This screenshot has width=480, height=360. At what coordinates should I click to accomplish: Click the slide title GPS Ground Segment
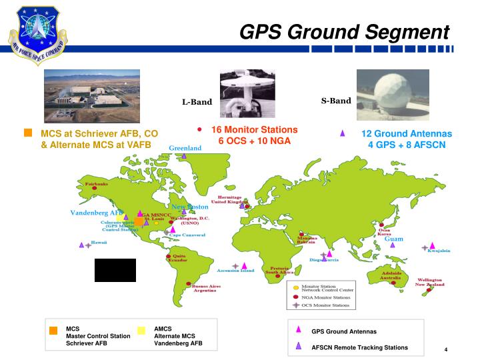[344, 31]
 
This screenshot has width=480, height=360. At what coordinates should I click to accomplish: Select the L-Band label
[197, 102]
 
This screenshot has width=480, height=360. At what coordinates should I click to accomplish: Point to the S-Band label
[335, 101]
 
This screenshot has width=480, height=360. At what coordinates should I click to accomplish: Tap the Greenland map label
[185, 147]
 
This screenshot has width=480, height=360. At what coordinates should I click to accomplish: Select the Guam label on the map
[394, 239]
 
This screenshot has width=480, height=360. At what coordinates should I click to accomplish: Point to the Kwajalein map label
[439, 251]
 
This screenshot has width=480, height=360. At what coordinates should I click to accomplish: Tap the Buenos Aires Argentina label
[206, 288]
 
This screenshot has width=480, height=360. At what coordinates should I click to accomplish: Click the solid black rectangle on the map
[115, 270]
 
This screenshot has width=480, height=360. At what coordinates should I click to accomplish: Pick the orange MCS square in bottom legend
[53, 330]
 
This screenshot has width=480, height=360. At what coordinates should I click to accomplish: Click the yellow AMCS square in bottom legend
[141, 330]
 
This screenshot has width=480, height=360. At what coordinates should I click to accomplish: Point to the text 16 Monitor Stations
[254, 129]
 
